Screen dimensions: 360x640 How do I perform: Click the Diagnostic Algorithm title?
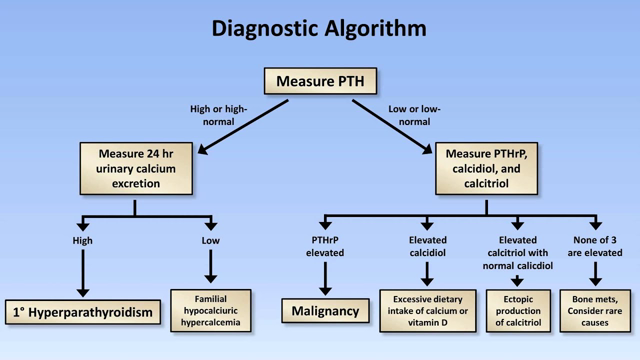(319, 28)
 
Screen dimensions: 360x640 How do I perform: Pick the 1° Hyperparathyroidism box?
(82, 313)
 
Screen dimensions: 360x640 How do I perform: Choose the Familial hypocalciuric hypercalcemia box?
(210, 311)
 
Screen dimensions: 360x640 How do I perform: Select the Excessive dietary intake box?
(427, 311)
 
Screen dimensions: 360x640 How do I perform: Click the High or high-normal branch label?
(219, 115)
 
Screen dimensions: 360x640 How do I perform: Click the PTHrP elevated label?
(325, 246)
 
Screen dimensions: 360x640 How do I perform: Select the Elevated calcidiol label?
(427, 246)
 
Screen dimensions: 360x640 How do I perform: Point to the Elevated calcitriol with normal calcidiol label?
(517, 253)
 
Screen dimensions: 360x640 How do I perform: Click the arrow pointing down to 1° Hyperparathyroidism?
(82, 275)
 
